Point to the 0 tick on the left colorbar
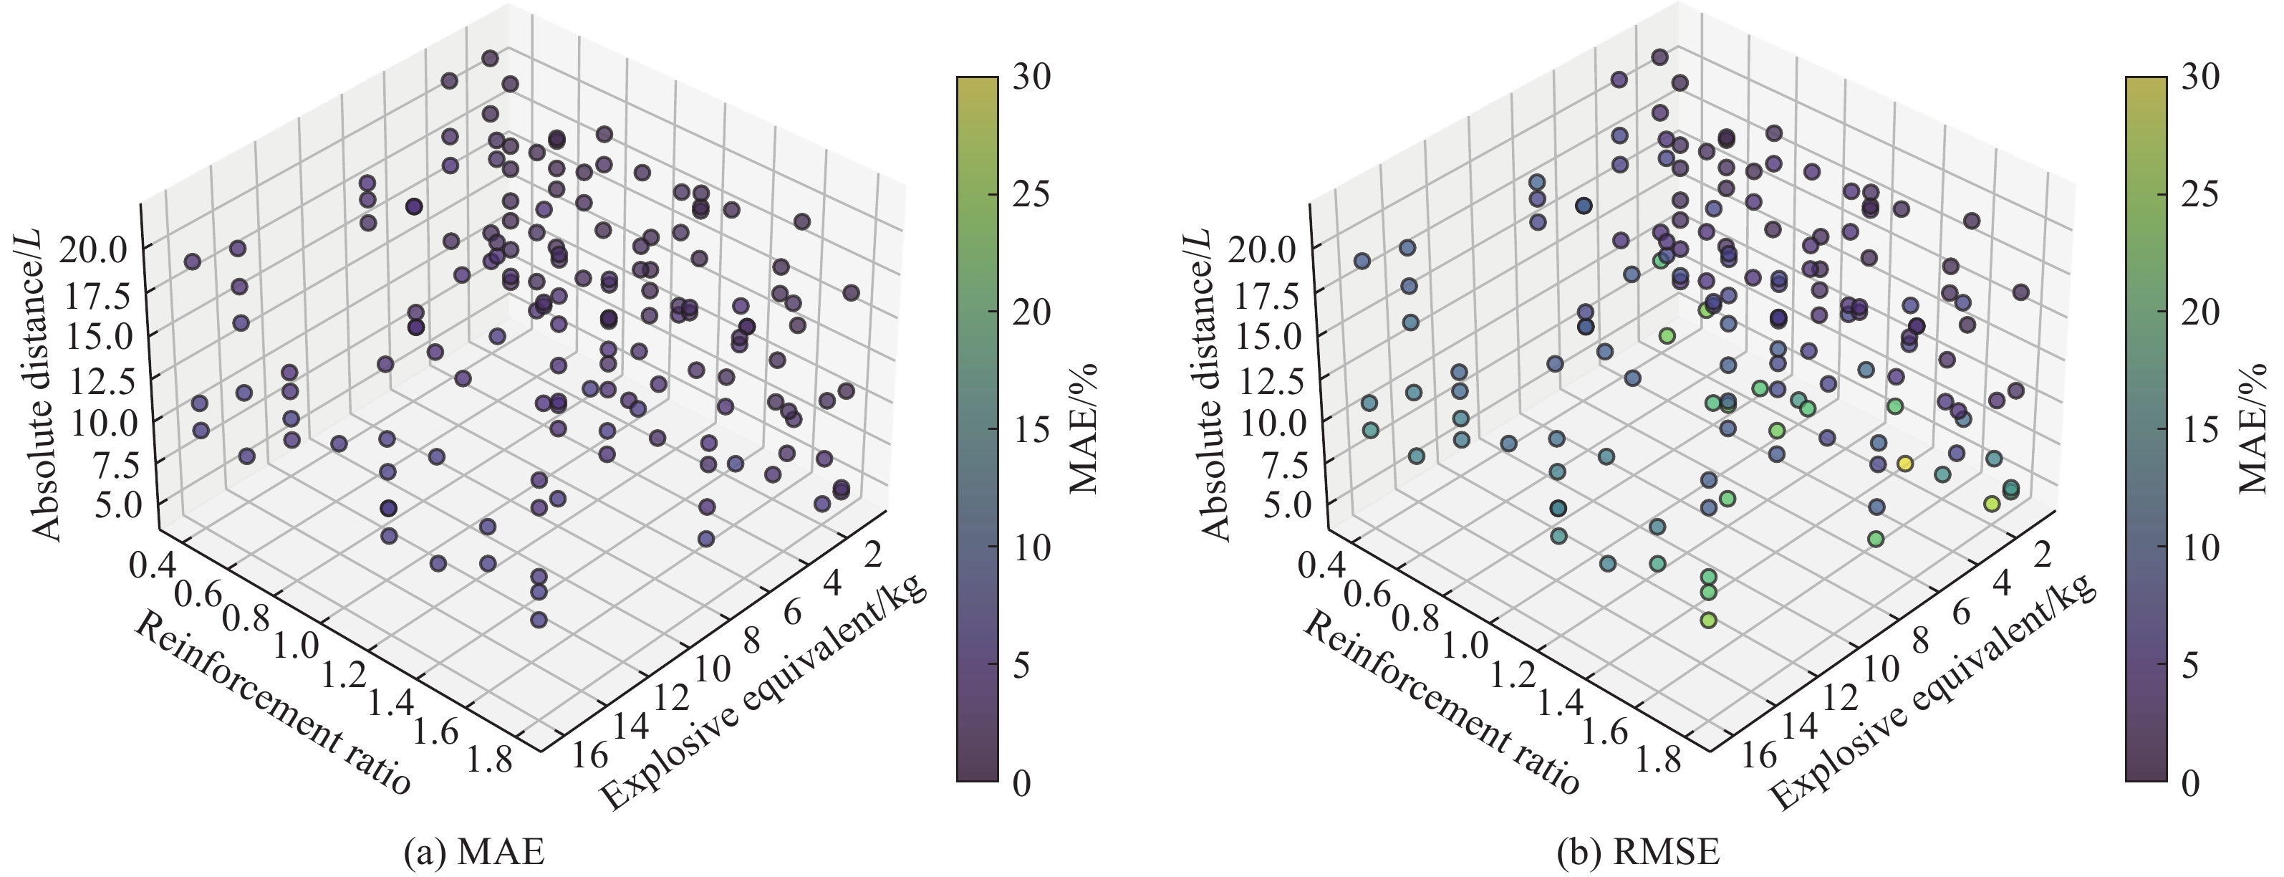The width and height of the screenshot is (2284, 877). click(1021, 782)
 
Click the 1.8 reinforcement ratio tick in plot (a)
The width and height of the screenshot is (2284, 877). click(488, 760)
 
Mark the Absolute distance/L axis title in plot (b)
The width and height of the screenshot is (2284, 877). click(1214, 383)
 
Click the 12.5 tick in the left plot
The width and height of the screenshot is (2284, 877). click(98, 380)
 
